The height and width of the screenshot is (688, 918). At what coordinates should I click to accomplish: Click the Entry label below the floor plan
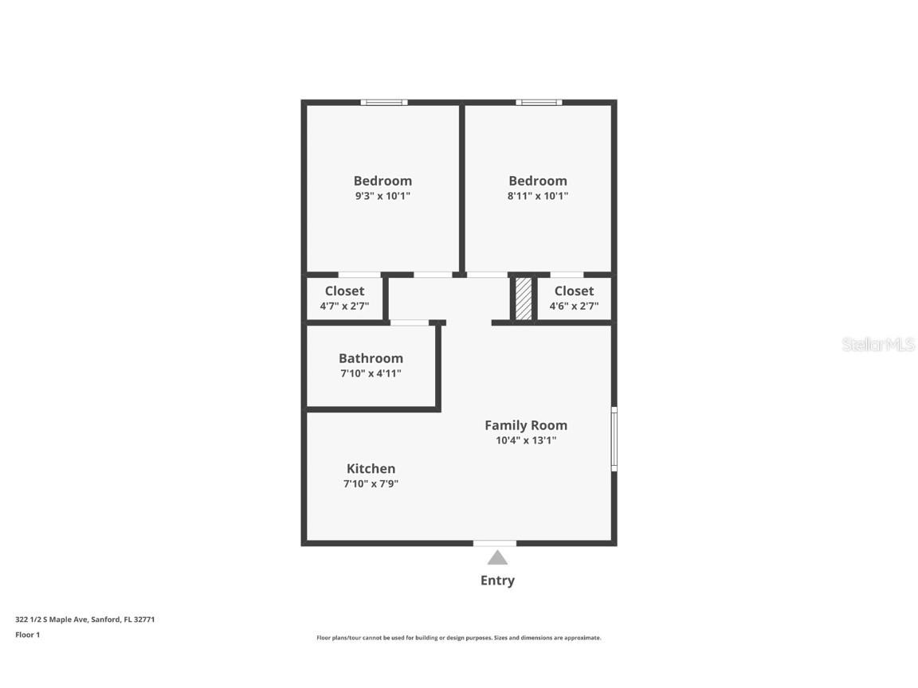(497, 580)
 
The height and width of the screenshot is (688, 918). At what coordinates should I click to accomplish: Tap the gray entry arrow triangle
(497, 557)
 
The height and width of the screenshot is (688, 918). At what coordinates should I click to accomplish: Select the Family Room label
(526, 425)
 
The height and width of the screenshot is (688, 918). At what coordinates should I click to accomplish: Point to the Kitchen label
(371, 469)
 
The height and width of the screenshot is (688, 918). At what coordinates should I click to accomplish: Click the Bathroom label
(371, 358)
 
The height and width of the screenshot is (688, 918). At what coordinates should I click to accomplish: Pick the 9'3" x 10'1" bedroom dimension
(382, 196)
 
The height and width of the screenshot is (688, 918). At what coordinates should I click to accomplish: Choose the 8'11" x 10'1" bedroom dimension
(538, 196)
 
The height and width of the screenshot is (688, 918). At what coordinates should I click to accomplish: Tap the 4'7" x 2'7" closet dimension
(344, 306)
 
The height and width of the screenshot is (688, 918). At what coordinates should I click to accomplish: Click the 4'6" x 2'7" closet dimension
(574, 306)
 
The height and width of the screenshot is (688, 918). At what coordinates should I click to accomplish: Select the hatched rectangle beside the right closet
(524, 299)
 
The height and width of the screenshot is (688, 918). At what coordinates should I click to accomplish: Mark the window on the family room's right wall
(614, 439)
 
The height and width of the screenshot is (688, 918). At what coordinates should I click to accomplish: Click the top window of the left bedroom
(384, 103)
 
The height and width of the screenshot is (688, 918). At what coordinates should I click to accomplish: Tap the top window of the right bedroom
(539, 103)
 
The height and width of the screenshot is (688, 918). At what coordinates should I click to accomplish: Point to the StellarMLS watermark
(878, 345)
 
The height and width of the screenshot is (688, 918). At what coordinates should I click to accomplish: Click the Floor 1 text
(27, 635)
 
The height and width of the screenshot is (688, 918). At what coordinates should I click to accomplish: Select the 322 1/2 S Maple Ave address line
(84, 619)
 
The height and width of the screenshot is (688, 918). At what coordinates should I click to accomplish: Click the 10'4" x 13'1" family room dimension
(526, 440)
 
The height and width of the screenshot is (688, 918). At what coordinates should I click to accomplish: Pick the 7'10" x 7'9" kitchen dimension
(371, 483)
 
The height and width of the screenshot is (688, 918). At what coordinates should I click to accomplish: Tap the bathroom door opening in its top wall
(410, 322)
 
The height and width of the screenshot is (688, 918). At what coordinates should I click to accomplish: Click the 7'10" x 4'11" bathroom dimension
(371, 373)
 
